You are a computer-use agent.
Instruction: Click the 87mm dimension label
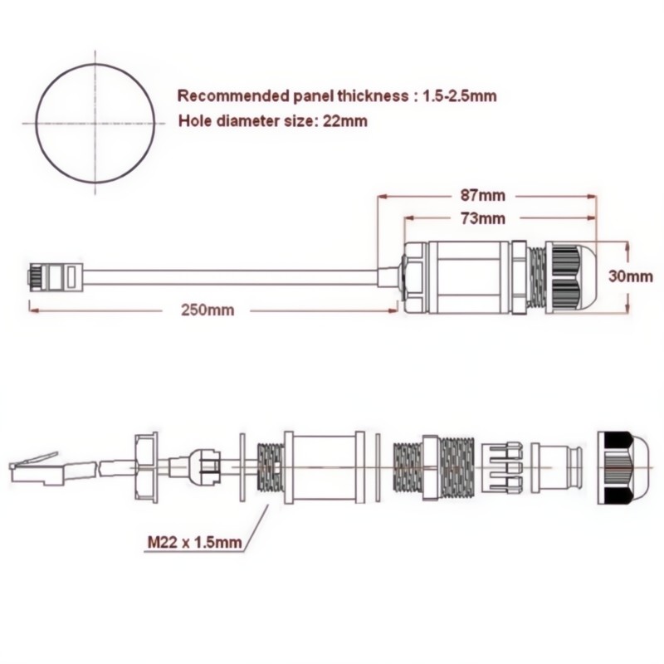(483, 196)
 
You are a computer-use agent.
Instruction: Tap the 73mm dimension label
(483, 218)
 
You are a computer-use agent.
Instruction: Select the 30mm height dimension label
(631, 276)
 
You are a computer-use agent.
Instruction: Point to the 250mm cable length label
(207, 310)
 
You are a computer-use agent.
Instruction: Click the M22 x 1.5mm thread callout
(195, 542)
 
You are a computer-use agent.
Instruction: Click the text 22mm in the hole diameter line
(345, 121)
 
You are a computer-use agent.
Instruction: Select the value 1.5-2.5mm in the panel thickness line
(460, 96)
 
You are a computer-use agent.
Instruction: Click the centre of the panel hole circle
(95, 124)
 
